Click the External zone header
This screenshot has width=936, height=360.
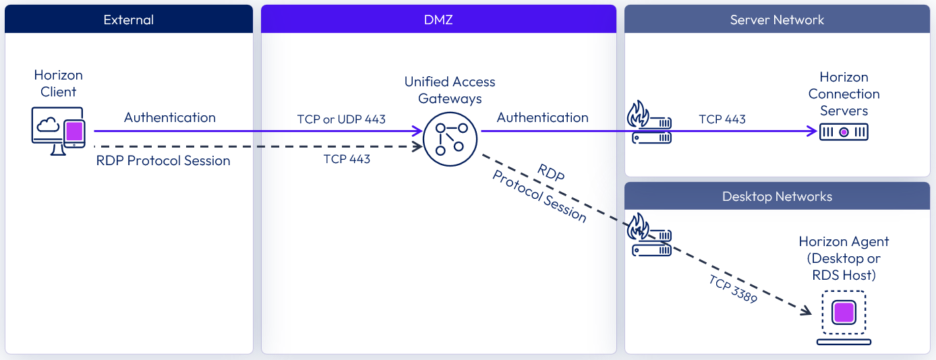click(x=128, y=20)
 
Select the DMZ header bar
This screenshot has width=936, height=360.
click(x=438, y=20)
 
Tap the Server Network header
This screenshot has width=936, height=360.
click(x=777, y=20)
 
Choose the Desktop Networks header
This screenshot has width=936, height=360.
click(x=777, y=197)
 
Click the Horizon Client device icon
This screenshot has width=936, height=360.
click(x=59, y=131)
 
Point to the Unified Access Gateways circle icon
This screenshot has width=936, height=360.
click(x=450, y=139)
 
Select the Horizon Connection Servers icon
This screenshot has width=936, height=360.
click(x=844, y=132)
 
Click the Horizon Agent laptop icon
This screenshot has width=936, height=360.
click(x=844, y=318)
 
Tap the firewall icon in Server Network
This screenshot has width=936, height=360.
click(x=649, y=123)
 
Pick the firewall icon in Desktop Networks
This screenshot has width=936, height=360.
click(x=649, y=234)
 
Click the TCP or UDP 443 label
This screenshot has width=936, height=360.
click(x=341, y=119)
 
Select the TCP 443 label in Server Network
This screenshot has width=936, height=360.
click(x=722, y=119)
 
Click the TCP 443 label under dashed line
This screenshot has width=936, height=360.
click(x=347, y=159)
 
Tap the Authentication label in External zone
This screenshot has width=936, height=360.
click(x=170, y=117)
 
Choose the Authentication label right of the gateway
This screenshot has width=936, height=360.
click(x=542, y=117)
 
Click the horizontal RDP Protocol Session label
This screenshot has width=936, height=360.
click(x=163, y=160)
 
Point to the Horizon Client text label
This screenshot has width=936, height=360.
click(x=59, y=84)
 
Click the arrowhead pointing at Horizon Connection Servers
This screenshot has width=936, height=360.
click(x=813, y=131)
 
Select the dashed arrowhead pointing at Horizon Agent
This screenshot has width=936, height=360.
click(x=807, y=311)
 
